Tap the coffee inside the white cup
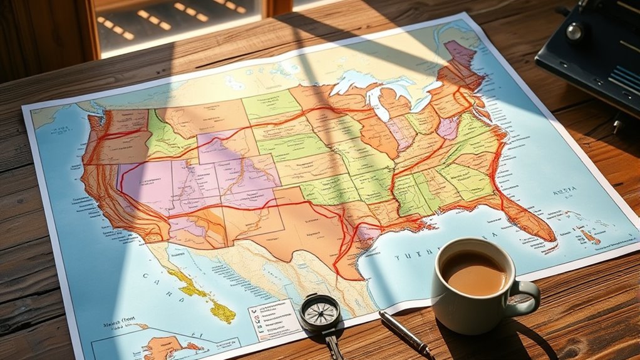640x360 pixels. (x=473, y=272)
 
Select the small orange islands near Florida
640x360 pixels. (x=589, y=237)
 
